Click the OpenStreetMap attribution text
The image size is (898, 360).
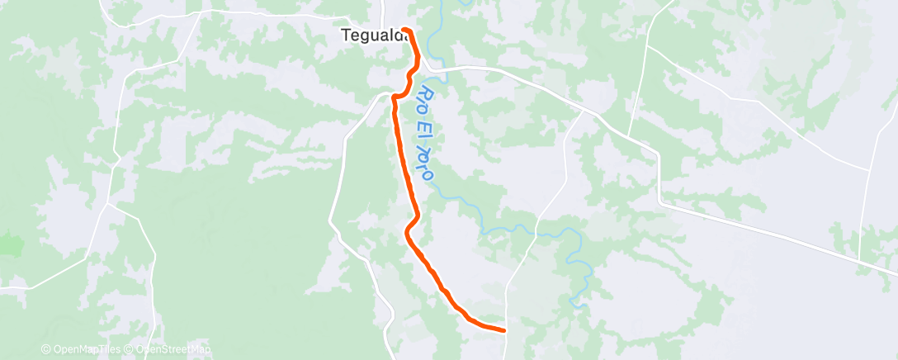coord(168,349)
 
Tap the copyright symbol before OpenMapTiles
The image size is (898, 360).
coord(46,349)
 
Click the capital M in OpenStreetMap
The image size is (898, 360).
coord(196,349)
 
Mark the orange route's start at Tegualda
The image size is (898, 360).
coord(404,30)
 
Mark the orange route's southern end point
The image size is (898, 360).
coord(503,330)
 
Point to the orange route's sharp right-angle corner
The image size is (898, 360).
coord(394,97)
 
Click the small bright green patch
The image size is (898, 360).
coord(10,244)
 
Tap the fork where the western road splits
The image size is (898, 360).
coord(107,206)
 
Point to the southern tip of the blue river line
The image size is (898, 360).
coord(584,307)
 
